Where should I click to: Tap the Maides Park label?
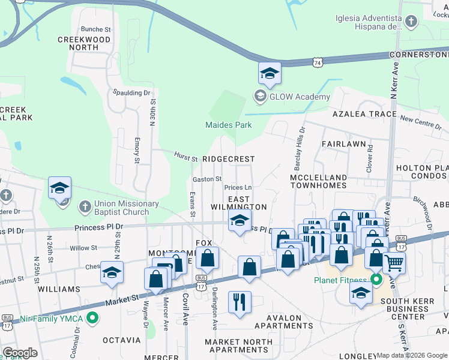(228, 125)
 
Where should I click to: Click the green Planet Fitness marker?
(376, 280)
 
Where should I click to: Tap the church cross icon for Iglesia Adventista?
(411, 23)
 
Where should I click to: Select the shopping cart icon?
(394, 262)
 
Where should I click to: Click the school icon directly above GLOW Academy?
(270, 74)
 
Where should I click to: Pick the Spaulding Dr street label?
(131, 93)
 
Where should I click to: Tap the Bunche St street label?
(96, 29)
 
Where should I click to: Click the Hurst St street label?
(186, 158)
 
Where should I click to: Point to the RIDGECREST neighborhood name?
(228, 159)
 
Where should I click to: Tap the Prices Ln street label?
(238, 188)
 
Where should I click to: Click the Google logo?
(20, 353)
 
